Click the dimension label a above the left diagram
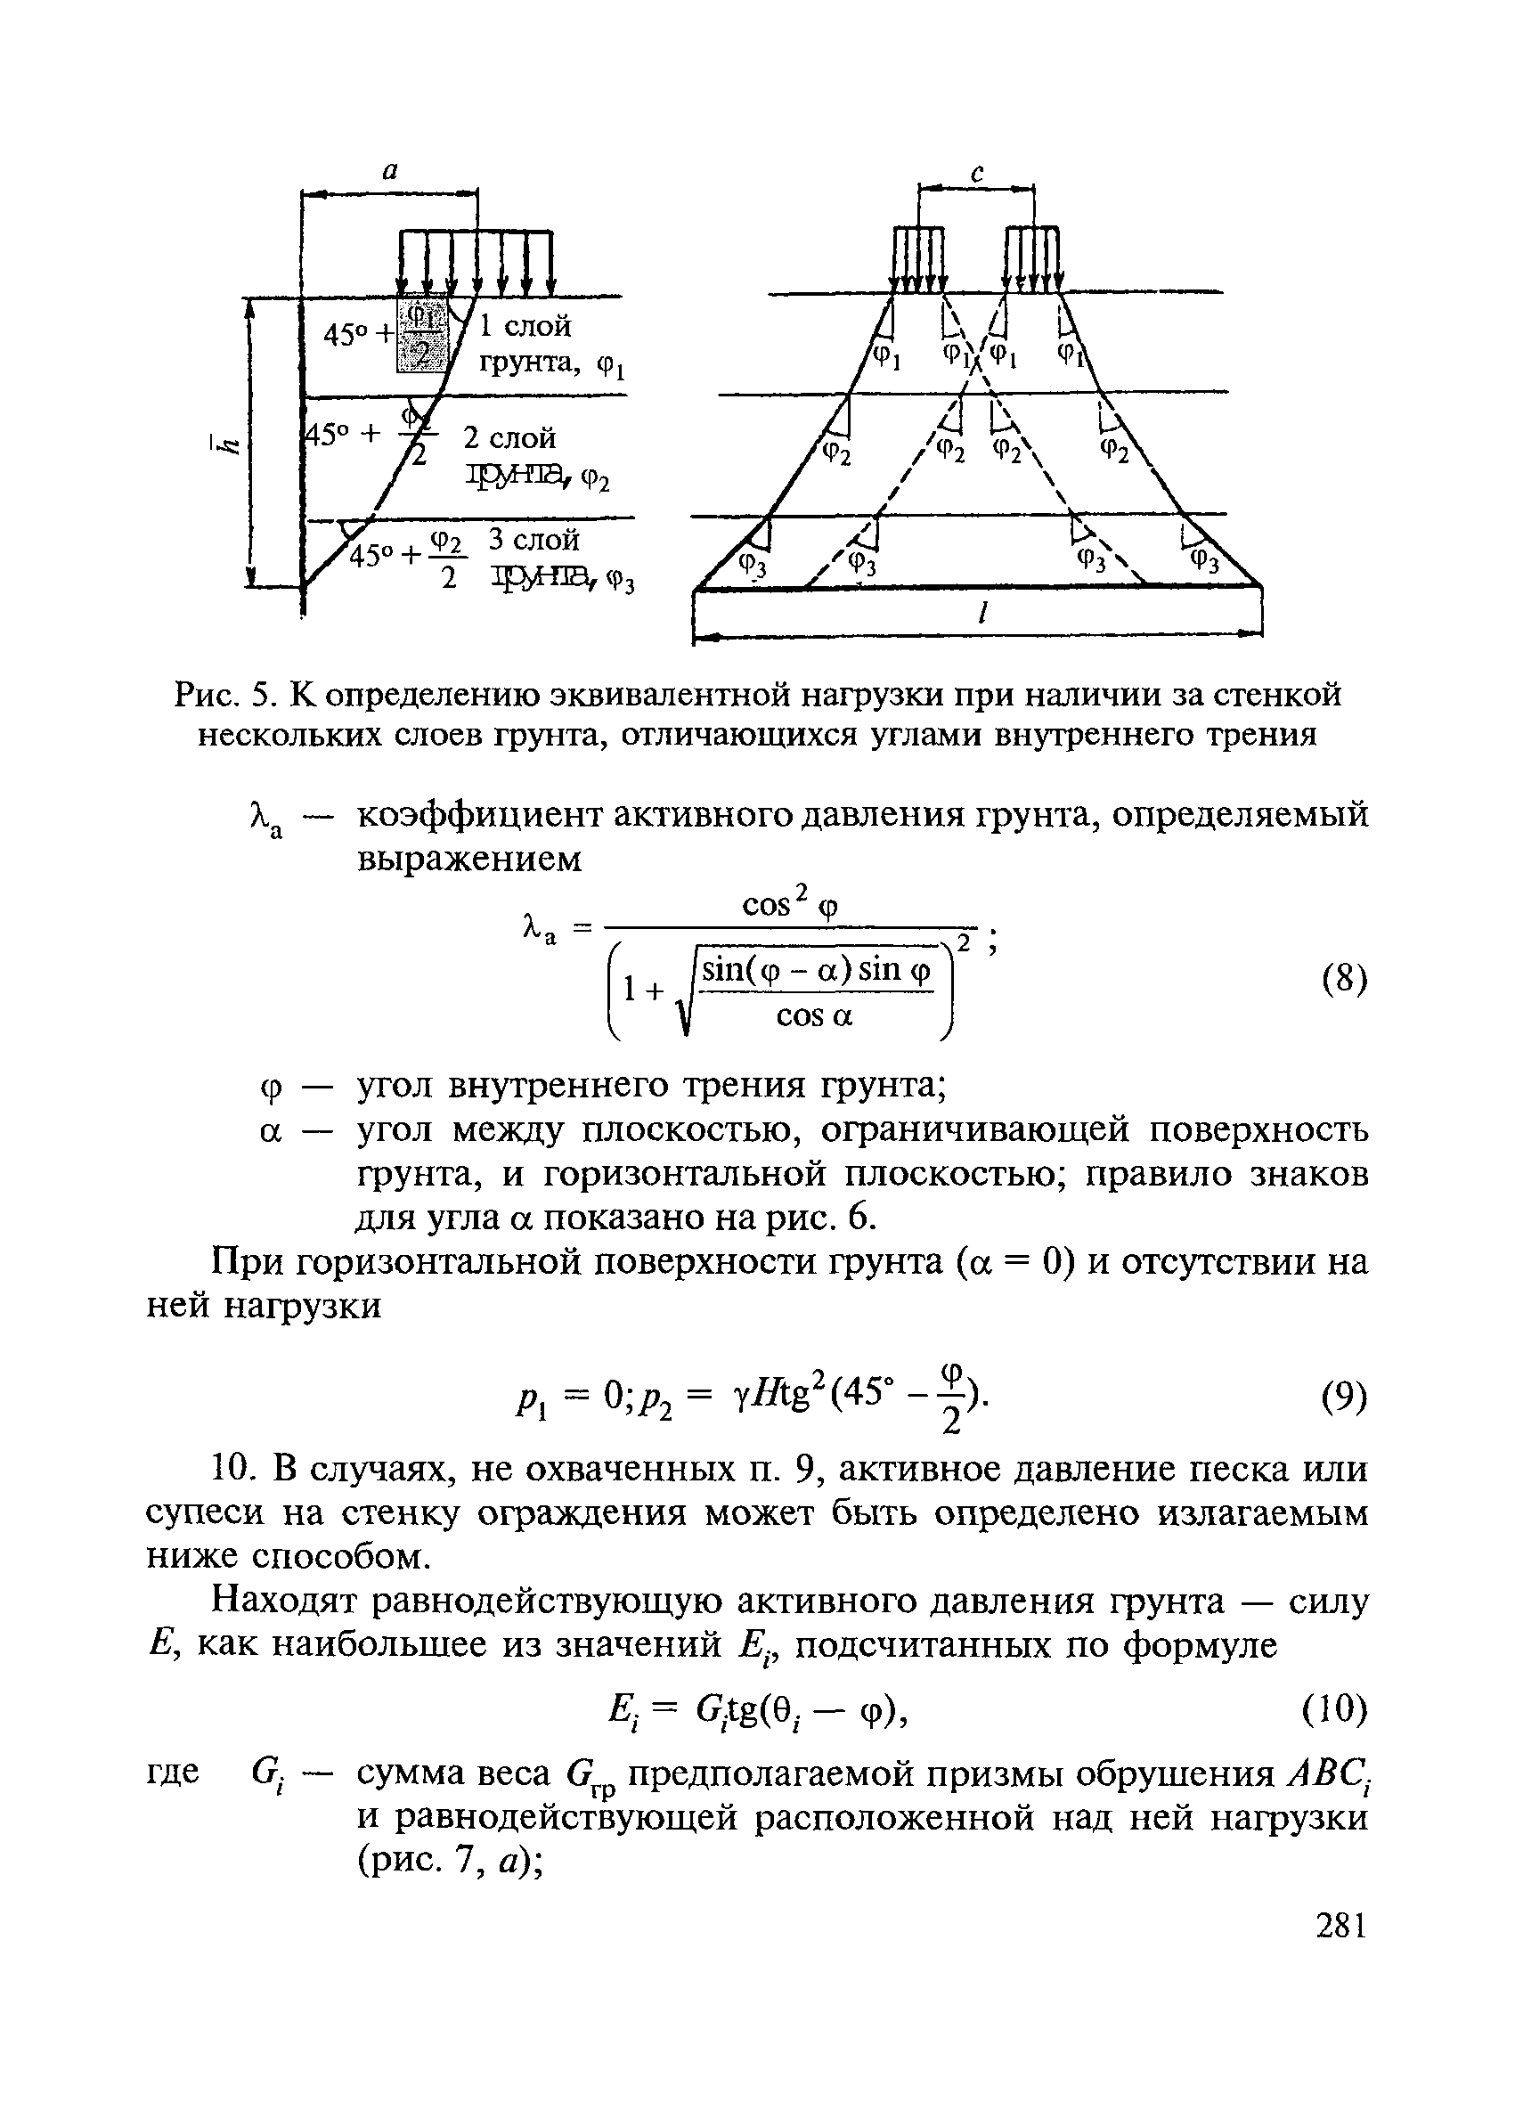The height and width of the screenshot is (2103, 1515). [x=389, y=171]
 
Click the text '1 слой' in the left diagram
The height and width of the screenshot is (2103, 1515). [x=525, y=326]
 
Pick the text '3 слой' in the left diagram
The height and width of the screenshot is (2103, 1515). [x=534, y=540]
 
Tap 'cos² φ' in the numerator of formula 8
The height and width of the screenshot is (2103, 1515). [x=790, y=905]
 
